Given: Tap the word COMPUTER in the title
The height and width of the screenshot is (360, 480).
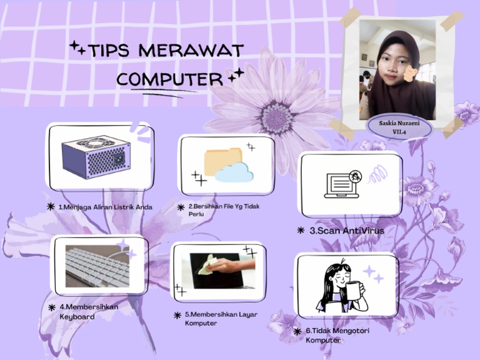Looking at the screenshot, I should click(x=169, y=79).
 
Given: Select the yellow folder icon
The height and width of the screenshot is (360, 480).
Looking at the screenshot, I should click(x=222, y=159).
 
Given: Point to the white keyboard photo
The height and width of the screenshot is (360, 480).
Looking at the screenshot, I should click(x=97, y=265).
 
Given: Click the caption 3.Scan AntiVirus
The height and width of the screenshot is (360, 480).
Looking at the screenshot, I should click(x=347, y=231).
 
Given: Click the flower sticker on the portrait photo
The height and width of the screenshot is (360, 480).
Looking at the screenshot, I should click(x=409, y=76).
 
